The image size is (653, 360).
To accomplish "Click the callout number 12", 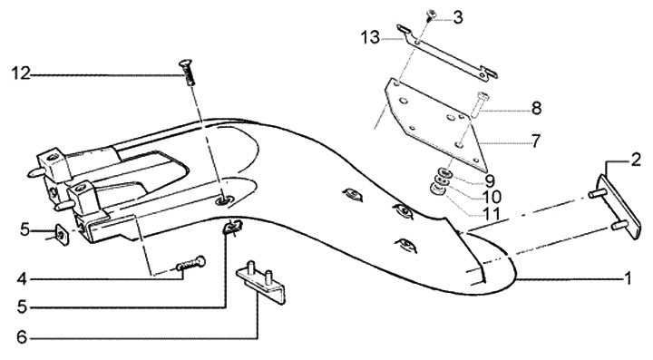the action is [x=20, y=73].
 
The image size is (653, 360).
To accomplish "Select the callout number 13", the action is [x=370, y=37].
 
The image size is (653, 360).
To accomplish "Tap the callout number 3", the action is [x=458, y=17].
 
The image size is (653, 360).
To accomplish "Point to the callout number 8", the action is [x=536, y=108].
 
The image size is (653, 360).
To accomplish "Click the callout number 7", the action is [x=536, y=141].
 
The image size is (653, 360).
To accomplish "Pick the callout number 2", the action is [x=635, y=160].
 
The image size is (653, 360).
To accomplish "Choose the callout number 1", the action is [x=628, y=278].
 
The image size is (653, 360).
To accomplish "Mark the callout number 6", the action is [x=22, y=337].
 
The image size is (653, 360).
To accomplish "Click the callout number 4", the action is [x=22, y=279].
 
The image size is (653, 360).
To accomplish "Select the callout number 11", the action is [x=491, y=213].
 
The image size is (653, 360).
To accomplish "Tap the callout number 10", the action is [x=492, y=197].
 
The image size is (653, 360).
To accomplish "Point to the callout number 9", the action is [x=490, y=181].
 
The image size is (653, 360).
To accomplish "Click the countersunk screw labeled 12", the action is [x=187, y=73].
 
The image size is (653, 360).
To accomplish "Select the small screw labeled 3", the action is [x=430, y=15].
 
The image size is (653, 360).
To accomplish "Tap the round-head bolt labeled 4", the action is [x=191, y=263].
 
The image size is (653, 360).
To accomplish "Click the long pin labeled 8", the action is [x=479, y=104].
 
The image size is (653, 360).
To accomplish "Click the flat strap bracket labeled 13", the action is [x=448, y=53].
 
